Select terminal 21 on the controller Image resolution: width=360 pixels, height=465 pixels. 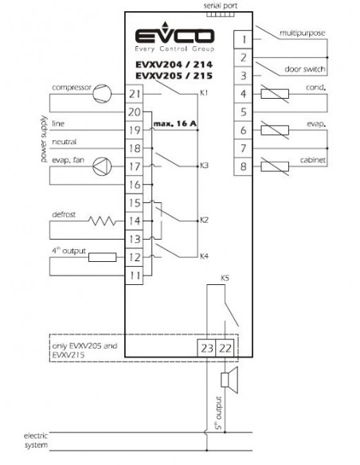click(135, 94)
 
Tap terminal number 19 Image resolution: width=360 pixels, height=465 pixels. click(135, 131)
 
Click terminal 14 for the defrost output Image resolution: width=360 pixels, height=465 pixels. click(135, 221)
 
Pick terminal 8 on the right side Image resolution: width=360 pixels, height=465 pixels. click(243, 166)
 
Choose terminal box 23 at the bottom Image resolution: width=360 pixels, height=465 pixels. click(207, 348)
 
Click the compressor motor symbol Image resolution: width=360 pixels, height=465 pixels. click(102, 94)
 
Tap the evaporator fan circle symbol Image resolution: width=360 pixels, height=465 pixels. click(102, 166)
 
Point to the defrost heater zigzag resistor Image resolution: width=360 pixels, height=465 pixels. click(102, 221)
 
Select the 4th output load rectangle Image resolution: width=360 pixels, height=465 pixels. click(102, 257)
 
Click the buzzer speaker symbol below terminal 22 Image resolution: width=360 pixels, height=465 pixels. click(229, 380)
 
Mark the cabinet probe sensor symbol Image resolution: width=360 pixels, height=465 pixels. click(275, 166)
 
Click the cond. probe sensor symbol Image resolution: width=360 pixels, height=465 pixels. click(275, 94)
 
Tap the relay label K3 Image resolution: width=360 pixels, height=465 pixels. click(204, 166)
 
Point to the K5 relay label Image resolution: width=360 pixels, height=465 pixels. click(225, 278)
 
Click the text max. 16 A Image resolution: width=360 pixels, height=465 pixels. click(175, 123)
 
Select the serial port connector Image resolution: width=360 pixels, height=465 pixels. click(221, 14)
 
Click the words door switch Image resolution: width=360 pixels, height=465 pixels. click(305, 69)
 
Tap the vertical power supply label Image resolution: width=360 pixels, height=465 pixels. click(44, 139)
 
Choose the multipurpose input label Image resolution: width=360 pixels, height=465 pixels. click(302, 33)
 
